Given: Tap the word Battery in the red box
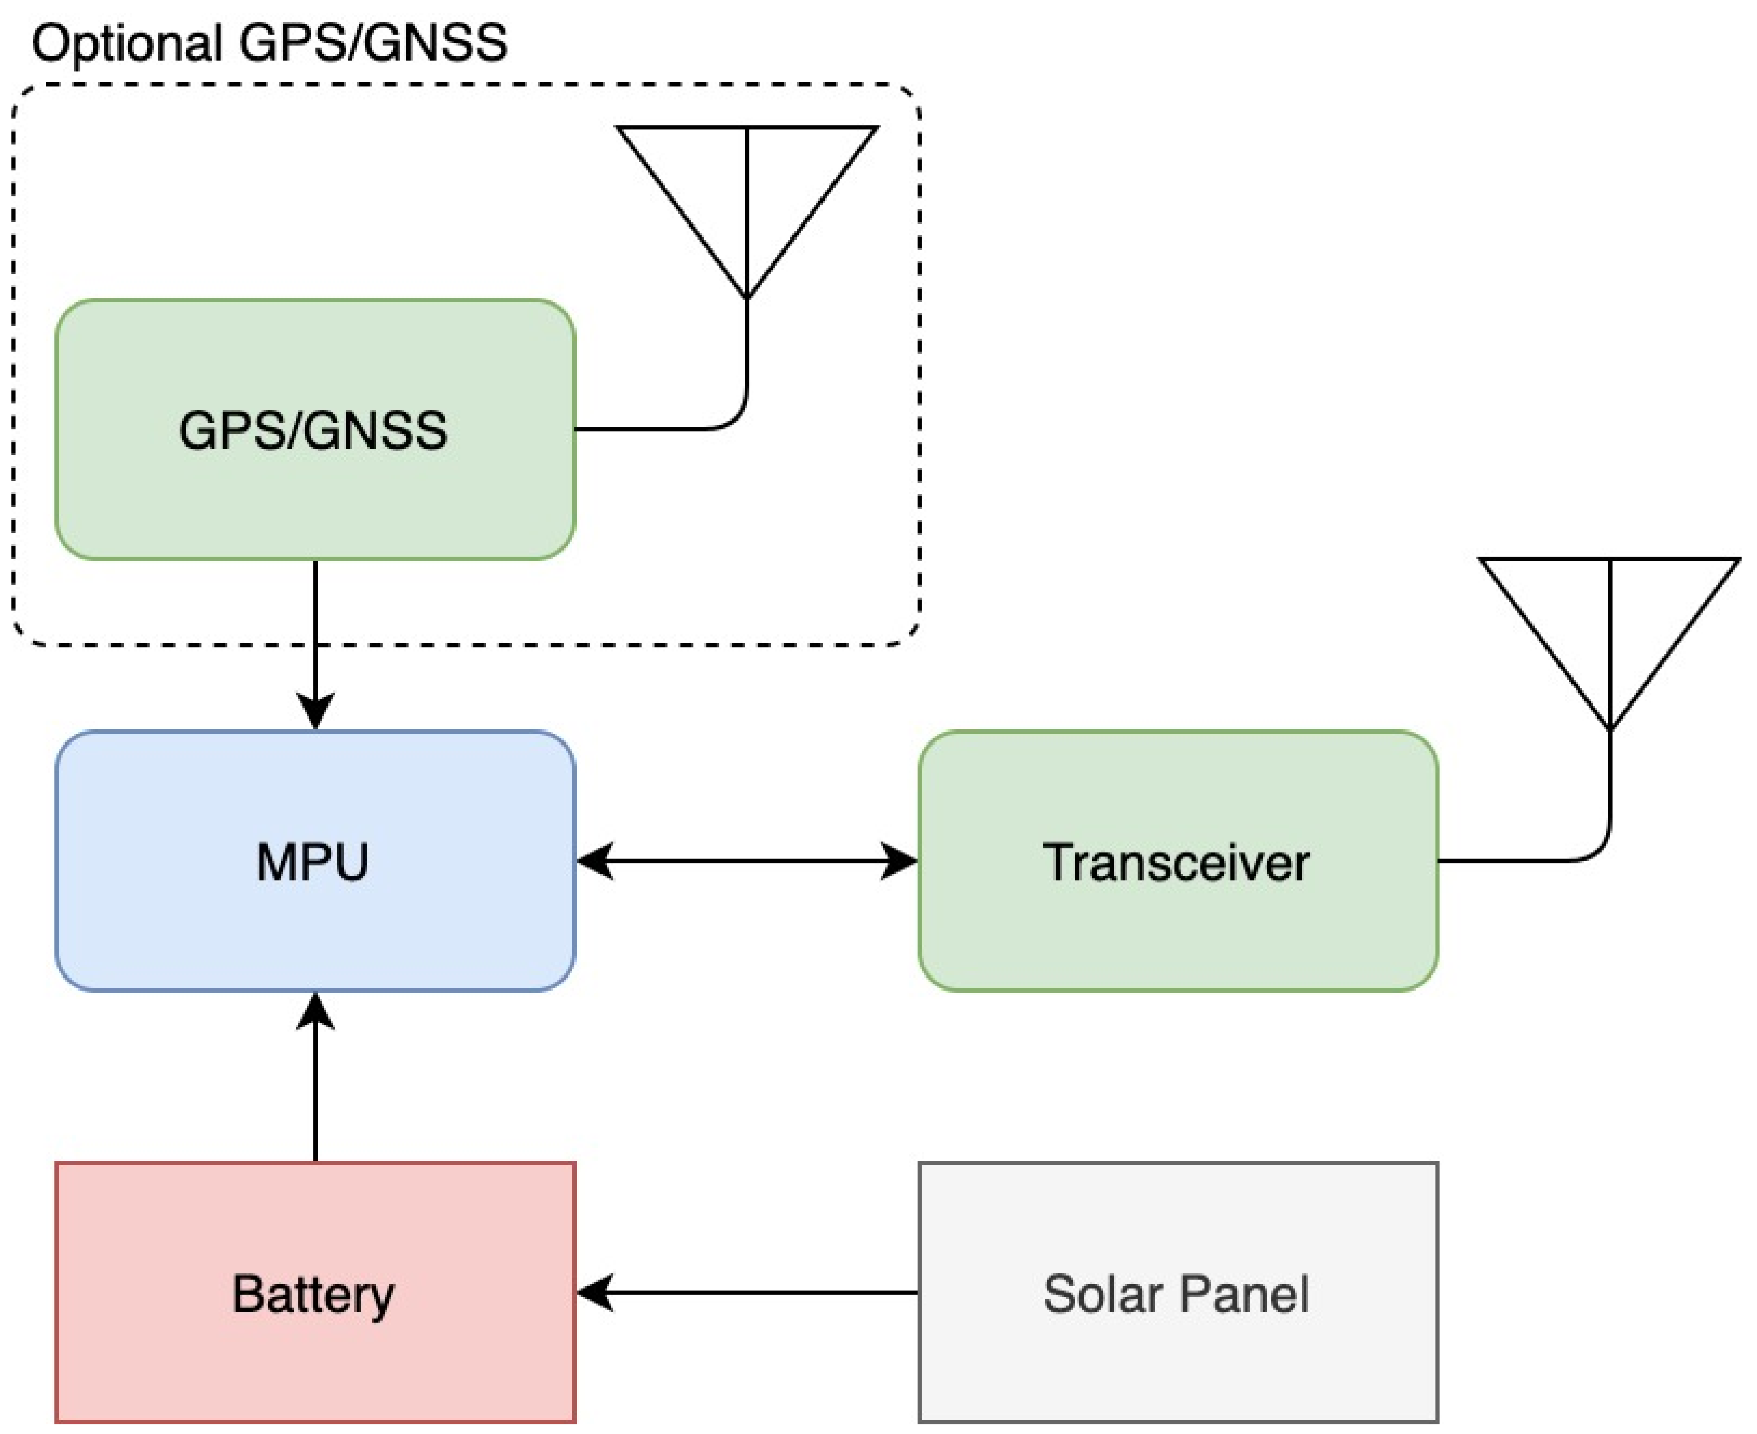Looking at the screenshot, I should (x=313, y=1294).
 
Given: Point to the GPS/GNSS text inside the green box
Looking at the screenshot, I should (x=313, y=430).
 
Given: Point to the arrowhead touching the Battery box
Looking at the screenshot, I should (x=595, y=1293).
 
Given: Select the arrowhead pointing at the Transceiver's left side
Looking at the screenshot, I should (x=899, y=861).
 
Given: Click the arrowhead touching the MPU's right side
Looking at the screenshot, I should (x=595, y=861).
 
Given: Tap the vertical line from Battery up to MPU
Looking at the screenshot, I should (x=315, y=1090).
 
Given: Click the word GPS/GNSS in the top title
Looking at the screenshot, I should (x=372, y=43).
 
